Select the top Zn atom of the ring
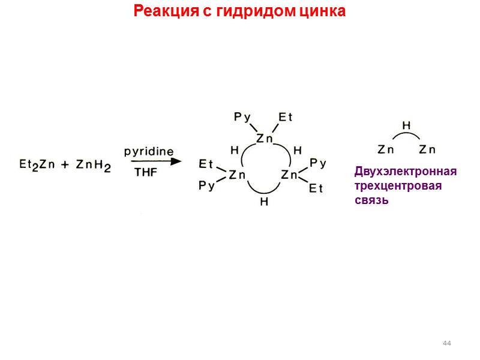(264, 139)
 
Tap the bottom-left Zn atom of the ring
(238, 175)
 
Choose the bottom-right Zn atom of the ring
(290, 175)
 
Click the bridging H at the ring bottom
(264, 202)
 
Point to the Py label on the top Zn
(242, 118)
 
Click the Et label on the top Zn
(286, 118)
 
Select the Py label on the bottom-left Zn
(206, 187)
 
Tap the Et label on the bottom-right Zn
(316, 188)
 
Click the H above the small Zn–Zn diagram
(406, 126)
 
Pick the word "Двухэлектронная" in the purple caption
(406, 172)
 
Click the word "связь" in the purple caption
(371, 200)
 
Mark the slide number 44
(446, 343)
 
